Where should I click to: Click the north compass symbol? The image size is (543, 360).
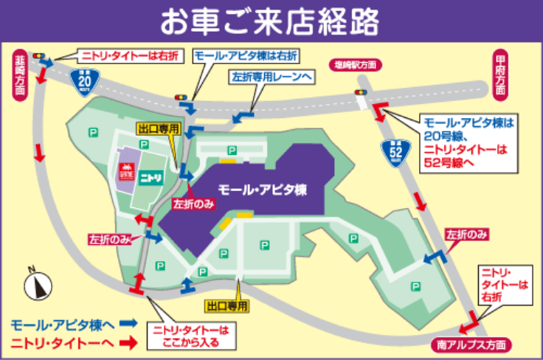point(36,283)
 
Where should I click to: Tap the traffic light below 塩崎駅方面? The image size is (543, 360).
point(361,91)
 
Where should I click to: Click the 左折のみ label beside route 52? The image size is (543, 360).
point(468,235)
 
